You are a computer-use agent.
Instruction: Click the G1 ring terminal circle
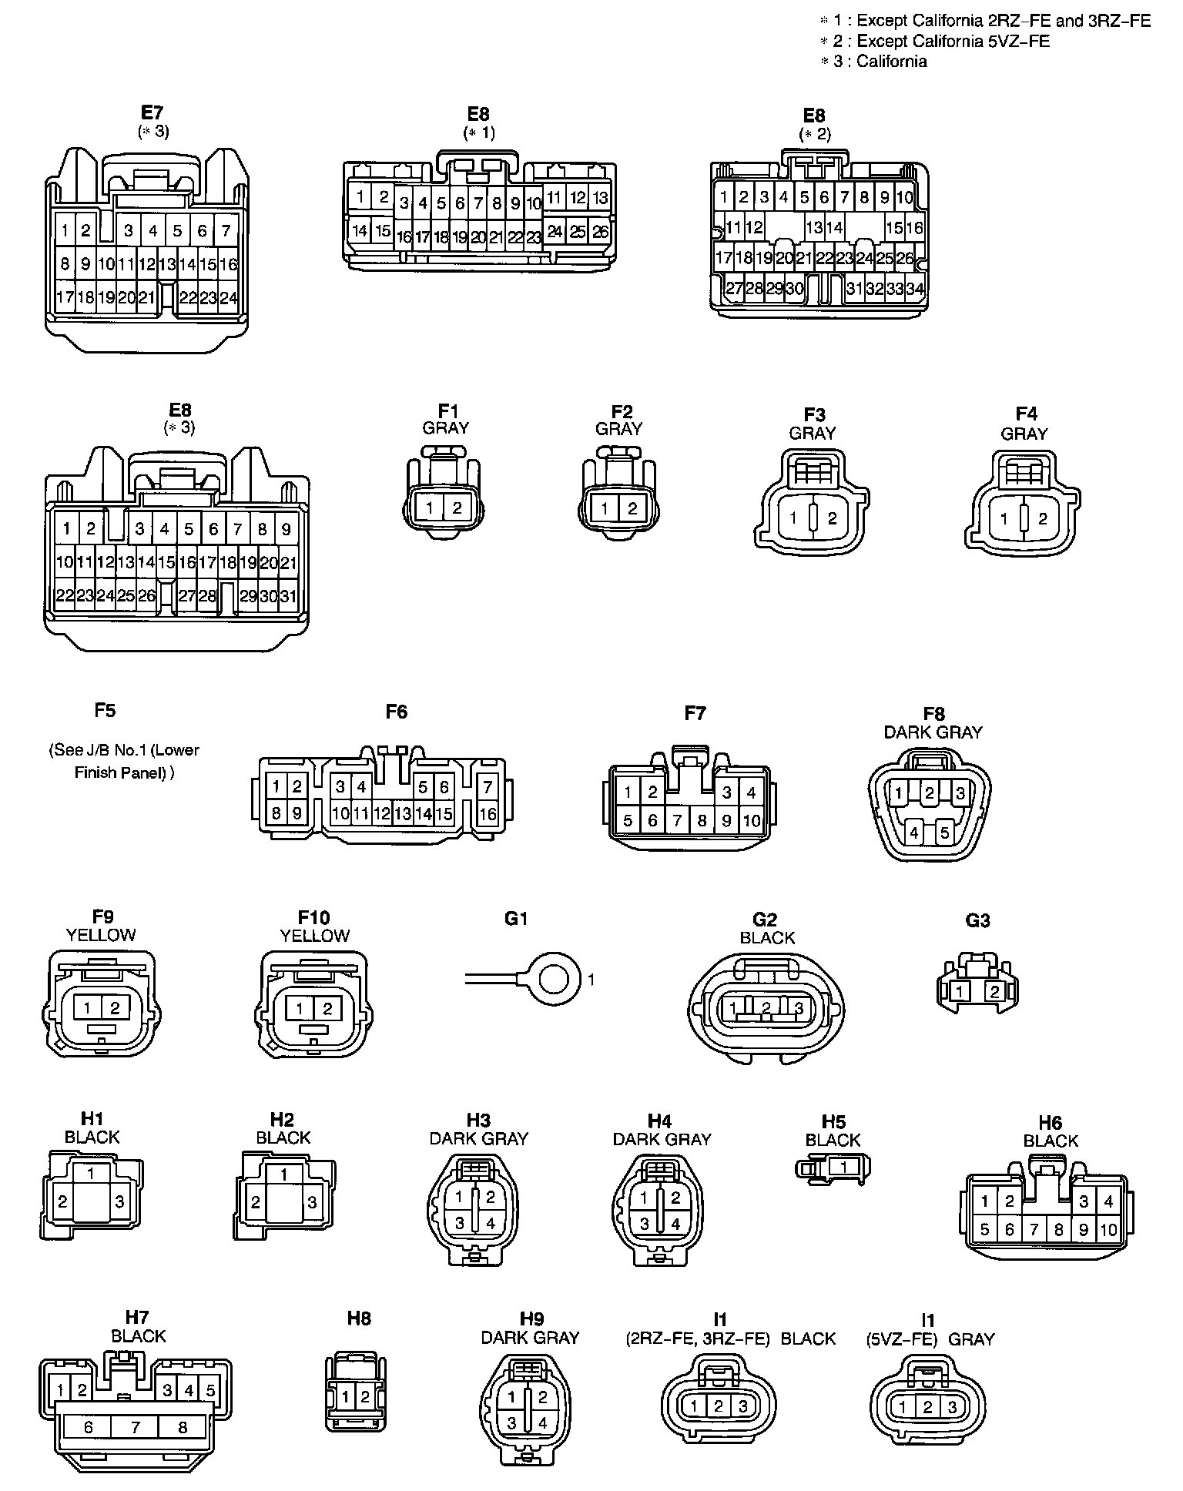[x=554, y=980]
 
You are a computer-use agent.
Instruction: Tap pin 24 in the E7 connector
[x=228, y=298]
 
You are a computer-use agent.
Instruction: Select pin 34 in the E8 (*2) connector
[x=914, y=289]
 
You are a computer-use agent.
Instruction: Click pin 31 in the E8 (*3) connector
[x=287, y=595]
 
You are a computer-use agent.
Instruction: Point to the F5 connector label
[x=105, y=709]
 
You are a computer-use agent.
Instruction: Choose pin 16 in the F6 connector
[x=488, y=813]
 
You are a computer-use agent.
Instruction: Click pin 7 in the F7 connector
[x=677, y=821]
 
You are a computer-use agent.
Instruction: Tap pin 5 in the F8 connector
[x=944, y=832]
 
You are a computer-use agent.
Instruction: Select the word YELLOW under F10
[x=314, y=936]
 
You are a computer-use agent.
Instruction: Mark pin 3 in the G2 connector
[x=799, y=1007]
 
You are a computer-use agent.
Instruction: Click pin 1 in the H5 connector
[x=844, y=1168]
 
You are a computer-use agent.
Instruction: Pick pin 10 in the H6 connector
[x=1108, y=1230]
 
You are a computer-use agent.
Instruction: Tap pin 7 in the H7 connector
[x=136, y=1427]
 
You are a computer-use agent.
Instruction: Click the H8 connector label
[x=358, y=1318]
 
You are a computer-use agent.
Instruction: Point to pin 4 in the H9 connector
[x=542, y=1423]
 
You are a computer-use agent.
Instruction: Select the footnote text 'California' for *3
[x=891, y=62]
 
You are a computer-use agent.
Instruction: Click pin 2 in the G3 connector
[x=994, y=992]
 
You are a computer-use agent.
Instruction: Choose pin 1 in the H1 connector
[x=92, y=1174]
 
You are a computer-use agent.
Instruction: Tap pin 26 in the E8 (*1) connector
[x=600, y=231]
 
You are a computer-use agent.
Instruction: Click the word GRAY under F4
[x=1024, y=434]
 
